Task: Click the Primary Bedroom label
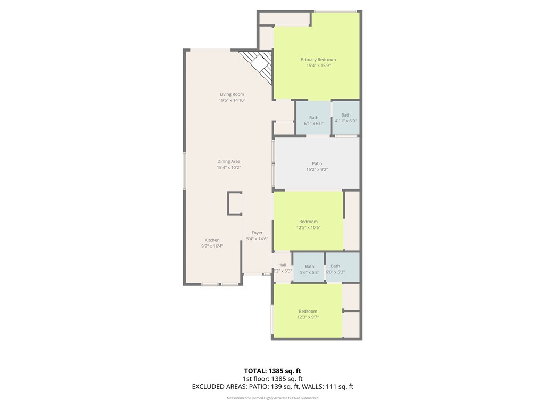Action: pyautogui.click(x=318, y=60)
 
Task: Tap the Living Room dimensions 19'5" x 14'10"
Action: pyautogui.click(x=232, y=100)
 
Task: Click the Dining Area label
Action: pyautogui.click(x=228, y=161)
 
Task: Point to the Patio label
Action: pyautogui.click(x=317, y=164)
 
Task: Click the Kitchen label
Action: pyautogui.click(x=212, y=240)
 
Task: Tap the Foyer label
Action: pyautogui.click(x=257, y=233)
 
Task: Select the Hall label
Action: pyautogui.click(x=282, y=265)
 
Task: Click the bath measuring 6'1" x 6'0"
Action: pyautogui.click(x=313, y=120)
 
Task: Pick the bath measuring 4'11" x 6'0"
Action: pyautogui.click(x=346, y=118)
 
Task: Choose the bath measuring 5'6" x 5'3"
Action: pyautogui.click(x=309, y=269)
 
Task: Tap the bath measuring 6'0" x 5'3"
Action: pyautogui.click(x=335, y=269)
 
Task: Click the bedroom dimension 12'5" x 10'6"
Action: pyautogui.click(x=308, y=227)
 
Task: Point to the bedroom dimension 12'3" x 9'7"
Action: pyautogui.click(x=308, y=317)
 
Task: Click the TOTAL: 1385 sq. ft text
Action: pyautogui.click(x=272, y=371)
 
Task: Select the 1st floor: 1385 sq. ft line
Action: pyautogui.click(x=272, y=379)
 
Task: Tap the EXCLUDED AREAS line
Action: pyautogui.click(x=272, y=387)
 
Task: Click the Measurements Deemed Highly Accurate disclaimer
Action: pyautogui.click(x=272, y=398)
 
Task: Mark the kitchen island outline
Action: pyautogui.click(x=234, y=203)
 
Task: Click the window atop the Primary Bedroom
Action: pyautogui.click(x=335, y=11)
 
